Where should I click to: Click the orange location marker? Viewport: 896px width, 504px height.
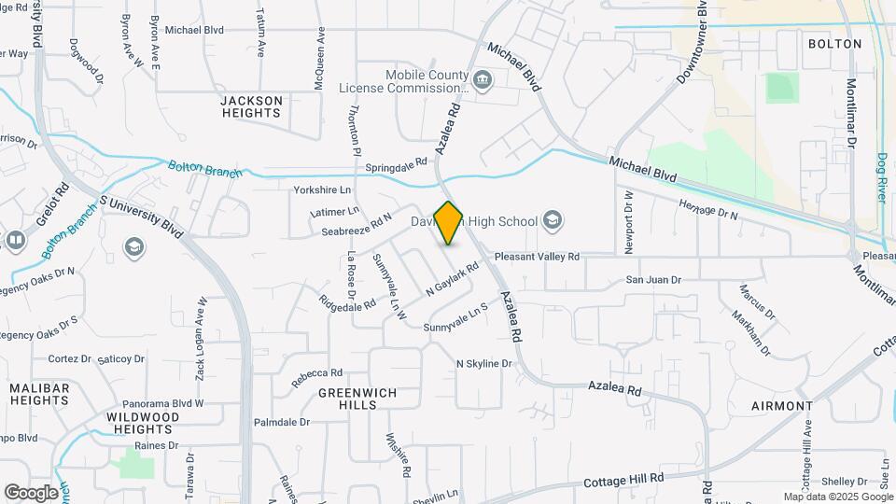click(x=449, y=222)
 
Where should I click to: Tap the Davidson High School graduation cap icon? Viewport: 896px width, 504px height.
click(x=553, y=221)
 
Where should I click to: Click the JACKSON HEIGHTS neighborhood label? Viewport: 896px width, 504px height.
click(x=250, y=106)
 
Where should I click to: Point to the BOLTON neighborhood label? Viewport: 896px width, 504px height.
click(x=833, y=44)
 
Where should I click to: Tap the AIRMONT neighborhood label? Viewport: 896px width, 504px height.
click(x=781, y=406)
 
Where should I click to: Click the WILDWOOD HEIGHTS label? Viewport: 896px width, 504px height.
click(x=142, y=423)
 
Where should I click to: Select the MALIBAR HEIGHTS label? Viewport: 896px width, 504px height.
click(x=39, y=394)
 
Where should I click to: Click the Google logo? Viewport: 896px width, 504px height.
click(x=30, y=492)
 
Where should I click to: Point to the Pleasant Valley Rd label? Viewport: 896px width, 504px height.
click(x=537, y=256)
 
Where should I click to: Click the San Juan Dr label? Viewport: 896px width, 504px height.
click(x=653, y=279)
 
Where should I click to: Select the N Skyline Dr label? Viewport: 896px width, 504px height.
click(x=484, y=363)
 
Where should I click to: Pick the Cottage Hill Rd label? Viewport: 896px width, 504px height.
click(x=623, y=479)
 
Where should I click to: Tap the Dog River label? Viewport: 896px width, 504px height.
click(x=882, y=178)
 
